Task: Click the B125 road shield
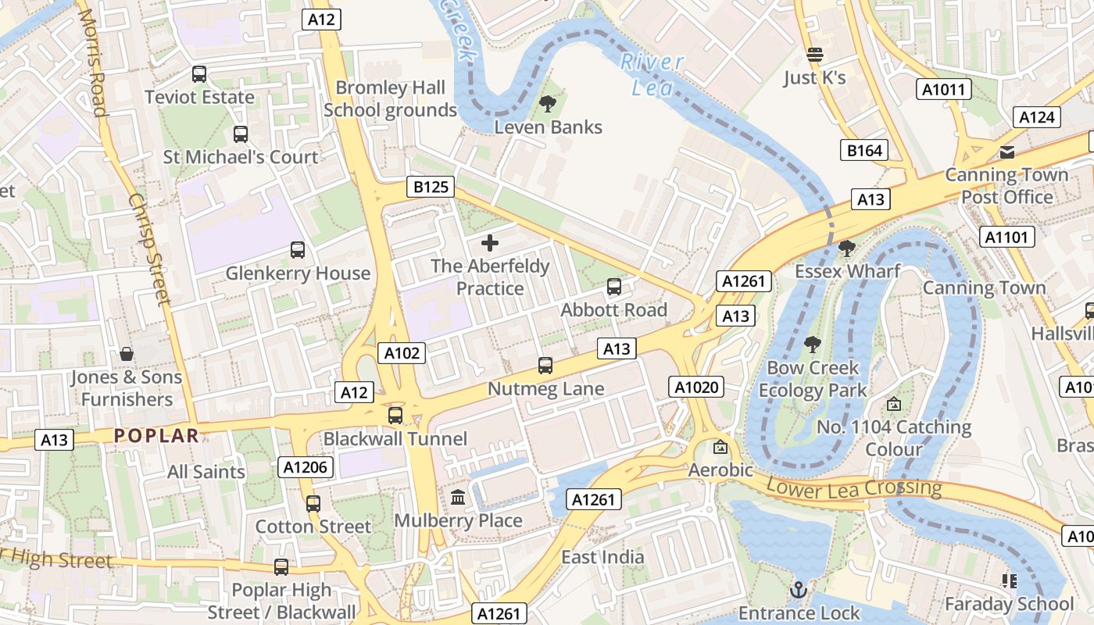pos(431,187)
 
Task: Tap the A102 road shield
pos(402,353)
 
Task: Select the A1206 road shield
pos(307,467)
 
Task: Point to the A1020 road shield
pos(696,387)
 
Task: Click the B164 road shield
pos(865,151)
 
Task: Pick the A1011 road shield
pos(943,90)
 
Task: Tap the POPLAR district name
pos(156,436)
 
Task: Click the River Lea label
pos(652,74)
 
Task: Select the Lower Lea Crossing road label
pos(854,488)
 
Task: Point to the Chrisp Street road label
pos(149,250)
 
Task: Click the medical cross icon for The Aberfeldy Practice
pos(490,243)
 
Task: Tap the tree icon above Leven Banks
pos(548,103)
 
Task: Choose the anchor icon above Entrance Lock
pos(798,589)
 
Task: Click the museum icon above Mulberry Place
pos(458,497)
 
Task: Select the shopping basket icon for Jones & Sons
pos(126,354)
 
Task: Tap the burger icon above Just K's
pos(814,55)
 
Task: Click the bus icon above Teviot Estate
pos(199,74)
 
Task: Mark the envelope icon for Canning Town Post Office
pos(1006,152)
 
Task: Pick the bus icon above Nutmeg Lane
pos(545,365)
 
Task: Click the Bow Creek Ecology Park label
pos(813,379)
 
